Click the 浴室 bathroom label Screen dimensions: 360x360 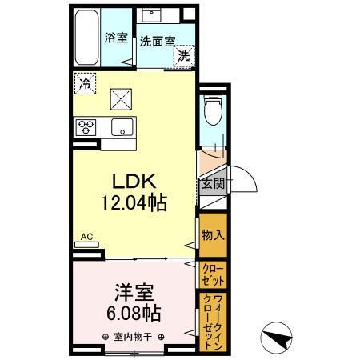(x=117, y=38)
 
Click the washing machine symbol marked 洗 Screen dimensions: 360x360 (x=184, y=55)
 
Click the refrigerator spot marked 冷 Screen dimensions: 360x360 (x=84, y=82)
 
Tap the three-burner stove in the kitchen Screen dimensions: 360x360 (x=86, y=126)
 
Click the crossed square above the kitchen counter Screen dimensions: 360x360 (x=121, y=99)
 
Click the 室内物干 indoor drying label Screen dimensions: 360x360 (x=134, y=337)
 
